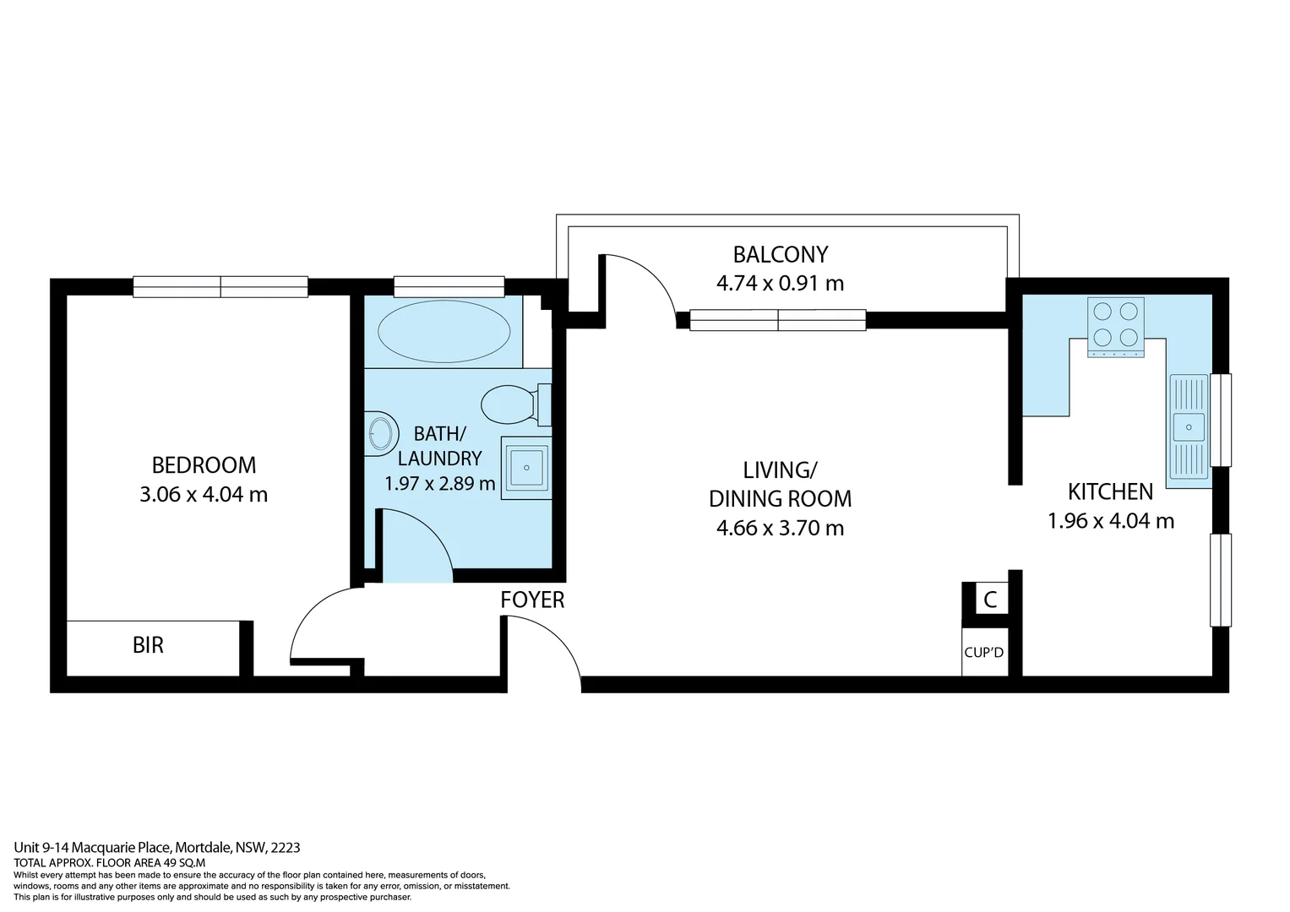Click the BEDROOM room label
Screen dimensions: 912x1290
204,465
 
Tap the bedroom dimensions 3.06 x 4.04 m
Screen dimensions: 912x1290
204,495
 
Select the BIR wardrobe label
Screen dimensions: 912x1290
148,646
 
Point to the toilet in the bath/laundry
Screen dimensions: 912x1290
511,404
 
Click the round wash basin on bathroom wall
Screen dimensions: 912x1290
381,434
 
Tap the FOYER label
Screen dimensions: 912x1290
532,600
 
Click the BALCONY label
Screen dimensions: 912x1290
780,254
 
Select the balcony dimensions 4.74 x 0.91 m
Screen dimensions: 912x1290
780,284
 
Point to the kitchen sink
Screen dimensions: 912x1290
1189,426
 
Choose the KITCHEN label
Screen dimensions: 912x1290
1110,491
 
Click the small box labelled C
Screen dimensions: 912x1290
990,600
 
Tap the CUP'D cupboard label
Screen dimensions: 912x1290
984,653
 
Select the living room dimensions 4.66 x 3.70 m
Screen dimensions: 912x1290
780,529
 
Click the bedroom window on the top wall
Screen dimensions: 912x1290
220,287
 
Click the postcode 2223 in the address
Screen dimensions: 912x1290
286,847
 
